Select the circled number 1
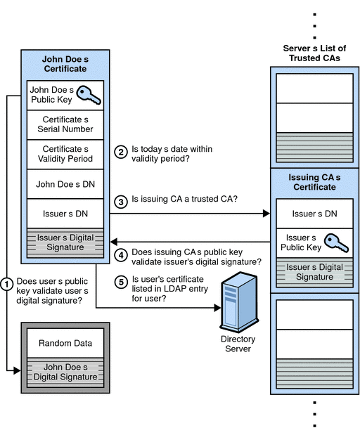pos(7,285)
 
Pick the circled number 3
pos(121,200)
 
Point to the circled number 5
pos(121,282)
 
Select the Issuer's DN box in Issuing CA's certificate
pos(314,213)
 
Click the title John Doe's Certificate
pos(65,64)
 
